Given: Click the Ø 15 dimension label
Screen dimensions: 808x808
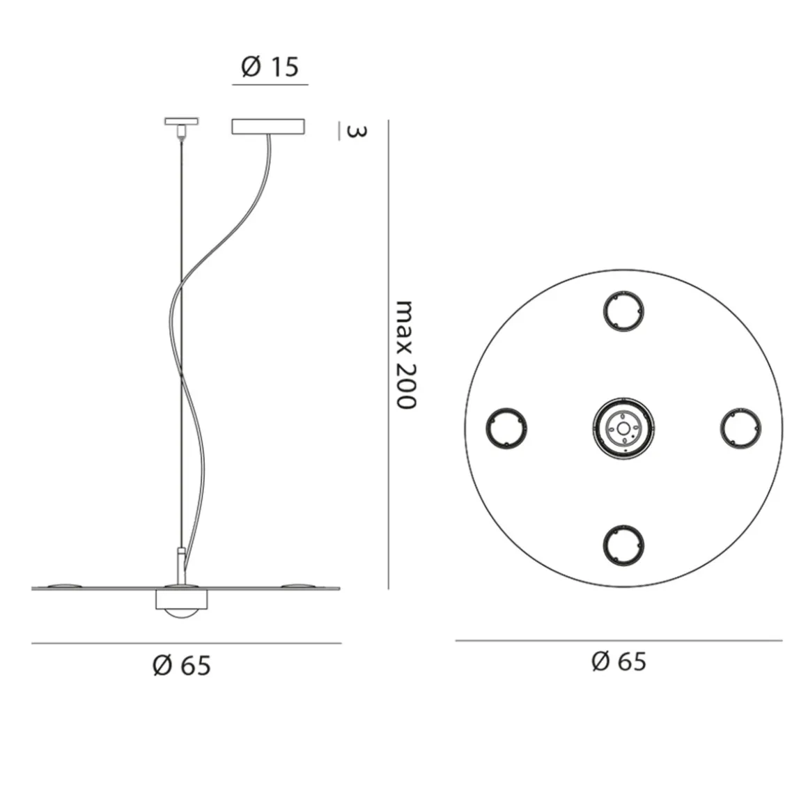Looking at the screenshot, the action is pos(270,66).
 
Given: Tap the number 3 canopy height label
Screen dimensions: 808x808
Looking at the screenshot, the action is pos(356,132).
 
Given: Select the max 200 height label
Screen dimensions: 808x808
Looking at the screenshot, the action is pos(405,355).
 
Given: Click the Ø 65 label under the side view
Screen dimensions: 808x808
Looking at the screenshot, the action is pos(182,665).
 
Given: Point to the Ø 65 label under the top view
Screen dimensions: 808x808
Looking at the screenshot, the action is pos(619,661).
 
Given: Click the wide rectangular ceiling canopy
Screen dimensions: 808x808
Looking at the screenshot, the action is pos(268,127).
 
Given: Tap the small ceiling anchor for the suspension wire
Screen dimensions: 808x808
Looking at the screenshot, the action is pos(181,127).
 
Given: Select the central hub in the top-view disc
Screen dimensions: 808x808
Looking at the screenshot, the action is pos(623,428).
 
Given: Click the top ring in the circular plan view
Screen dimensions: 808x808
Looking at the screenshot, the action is pos(623,311).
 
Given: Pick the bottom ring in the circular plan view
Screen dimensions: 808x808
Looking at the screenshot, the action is pos(623,545).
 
